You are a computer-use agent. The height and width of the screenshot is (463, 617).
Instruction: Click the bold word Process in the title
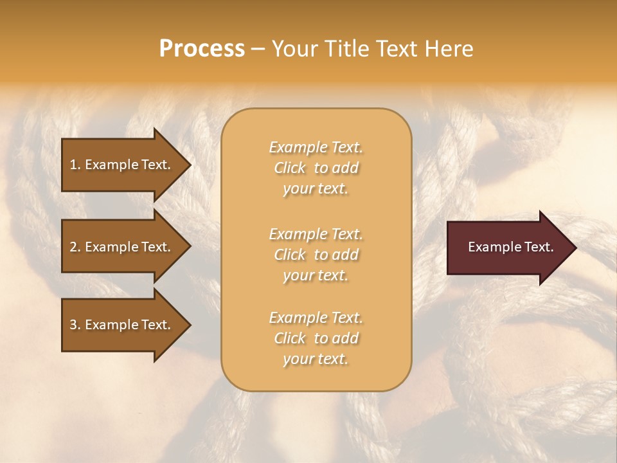click(202, 49)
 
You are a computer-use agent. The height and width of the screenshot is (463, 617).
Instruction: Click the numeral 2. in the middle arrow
click(75, 247)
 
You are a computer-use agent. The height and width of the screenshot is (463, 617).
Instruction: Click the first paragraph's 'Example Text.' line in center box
click(316, 147)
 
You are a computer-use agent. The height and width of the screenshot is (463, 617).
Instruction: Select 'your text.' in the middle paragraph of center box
click(316, 275)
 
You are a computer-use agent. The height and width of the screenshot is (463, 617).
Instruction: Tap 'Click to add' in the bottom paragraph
click(316, 338)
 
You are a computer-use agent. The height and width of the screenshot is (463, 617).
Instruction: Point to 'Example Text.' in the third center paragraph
click(316, 318)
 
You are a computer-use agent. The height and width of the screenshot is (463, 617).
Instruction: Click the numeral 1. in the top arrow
click(75, 165)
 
